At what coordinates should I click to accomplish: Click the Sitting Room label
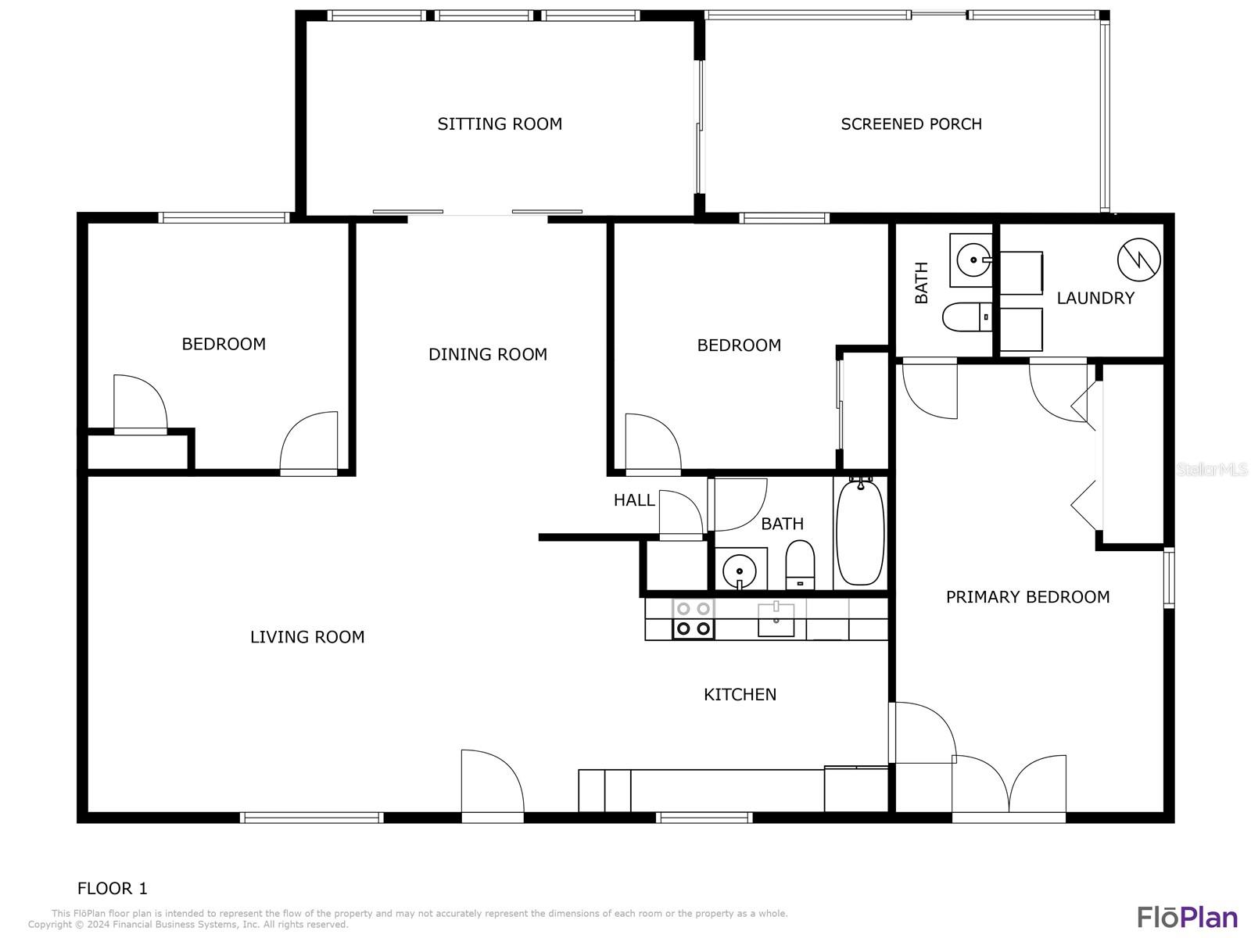(500, 124)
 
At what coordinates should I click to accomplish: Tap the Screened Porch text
(911, 124)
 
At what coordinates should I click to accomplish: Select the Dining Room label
(487, 354)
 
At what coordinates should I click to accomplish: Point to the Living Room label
(307, 637)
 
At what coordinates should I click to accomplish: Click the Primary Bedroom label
(1027, 597)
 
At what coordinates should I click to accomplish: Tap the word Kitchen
(740, 694)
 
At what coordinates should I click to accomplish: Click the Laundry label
(1095, 298)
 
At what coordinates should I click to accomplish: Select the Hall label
(633, 500)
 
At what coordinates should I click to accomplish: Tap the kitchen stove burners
(694, 618)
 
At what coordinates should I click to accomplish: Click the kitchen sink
(776, 620)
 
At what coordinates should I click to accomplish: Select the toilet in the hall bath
(800, 565)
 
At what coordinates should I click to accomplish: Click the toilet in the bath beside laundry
(967, 317)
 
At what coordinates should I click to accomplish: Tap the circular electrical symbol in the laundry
(1138, 260)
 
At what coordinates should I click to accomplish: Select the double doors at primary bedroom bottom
(1009, 786)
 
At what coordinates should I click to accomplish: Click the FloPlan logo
(1187, 916)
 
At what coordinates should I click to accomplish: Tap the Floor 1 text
(112, 888)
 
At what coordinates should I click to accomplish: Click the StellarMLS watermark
(1212, 469)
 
